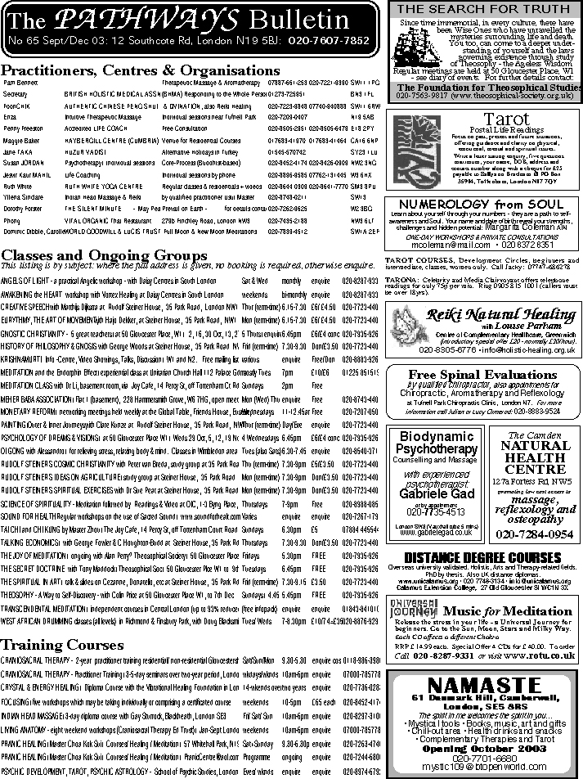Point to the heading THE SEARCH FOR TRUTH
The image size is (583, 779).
(482, 10)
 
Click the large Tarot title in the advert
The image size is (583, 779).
(483, 119)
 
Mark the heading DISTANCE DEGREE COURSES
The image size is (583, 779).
(482, 558)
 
